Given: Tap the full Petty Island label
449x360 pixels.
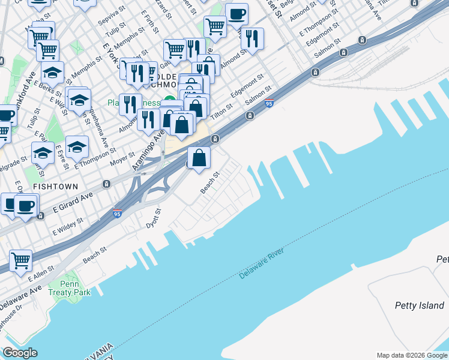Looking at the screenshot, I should [419, 305].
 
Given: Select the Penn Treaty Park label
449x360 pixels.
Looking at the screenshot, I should [76, 288].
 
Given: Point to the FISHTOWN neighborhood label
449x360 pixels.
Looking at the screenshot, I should [56, 187].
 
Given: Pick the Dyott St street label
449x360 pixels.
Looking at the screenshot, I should [154, 218].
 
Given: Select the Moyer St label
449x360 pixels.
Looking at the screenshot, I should [122, 159].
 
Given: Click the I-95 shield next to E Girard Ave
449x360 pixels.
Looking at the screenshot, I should [117, 213].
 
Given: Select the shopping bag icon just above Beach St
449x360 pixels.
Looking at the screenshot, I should [199, 158].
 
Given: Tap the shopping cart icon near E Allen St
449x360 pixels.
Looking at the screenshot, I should [20, 262].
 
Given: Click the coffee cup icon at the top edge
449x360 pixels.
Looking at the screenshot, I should [237, 14].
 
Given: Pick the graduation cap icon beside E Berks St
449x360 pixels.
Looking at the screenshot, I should [53, 73].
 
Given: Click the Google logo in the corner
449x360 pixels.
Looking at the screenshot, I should [20, 353].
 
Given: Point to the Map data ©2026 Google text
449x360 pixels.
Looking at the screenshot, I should [411, 355].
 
